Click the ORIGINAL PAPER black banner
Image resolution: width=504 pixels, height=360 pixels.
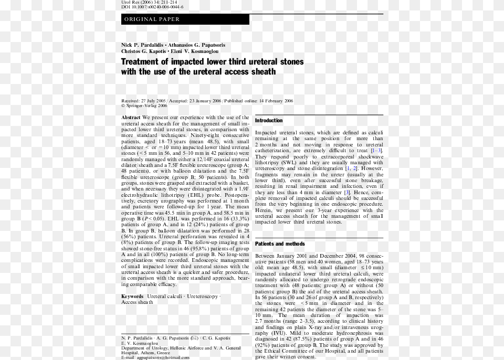click(185, 19)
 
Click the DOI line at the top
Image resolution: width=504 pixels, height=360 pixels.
click(149, 7)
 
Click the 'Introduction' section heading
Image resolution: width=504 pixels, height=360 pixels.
click(269, 121)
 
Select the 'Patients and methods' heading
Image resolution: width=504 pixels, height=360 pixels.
click(280, 244)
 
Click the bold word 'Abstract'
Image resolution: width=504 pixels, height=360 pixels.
click(131, 118)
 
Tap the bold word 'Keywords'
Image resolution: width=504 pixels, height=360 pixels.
click(132, 297)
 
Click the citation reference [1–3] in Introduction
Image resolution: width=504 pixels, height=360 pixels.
click(376, 151)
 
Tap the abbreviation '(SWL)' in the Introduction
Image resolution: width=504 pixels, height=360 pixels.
click(288, 163)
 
